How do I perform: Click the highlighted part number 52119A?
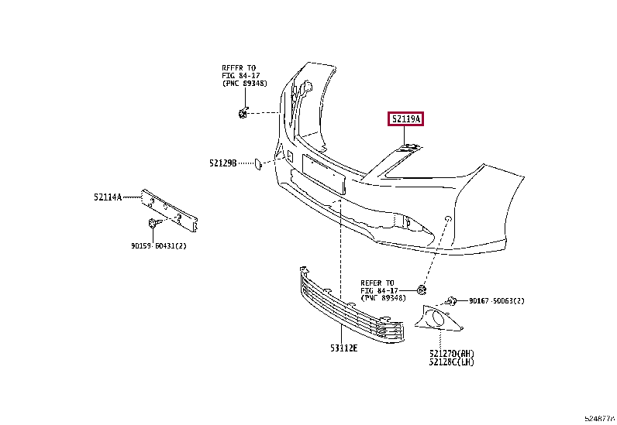pyautogui.click(x=406, y=119)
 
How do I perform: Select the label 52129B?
pyautogui.click(x=222, y=163)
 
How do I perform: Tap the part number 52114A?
pyautogui.click(x=109, y=197)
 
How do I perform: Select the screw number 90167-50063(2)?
pyautogui.click(x=498, y=300)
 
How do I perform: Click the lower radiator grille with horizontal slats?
pyautogui.click(x=353, y=310)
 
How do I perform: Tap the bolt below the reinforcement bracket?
pyautogui.click(x=153, y=224)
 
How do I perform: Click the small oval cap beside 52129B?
pyautogui.click(x=252, y=163)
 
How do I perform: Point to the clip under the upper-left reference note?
pyautogui.click(x=243, y=115)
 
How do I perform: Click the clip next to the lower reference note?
pyautogui.click(x=422, y=290)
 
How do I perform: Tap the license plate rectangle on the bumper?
pyautogui.click(x=323, y=174)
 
